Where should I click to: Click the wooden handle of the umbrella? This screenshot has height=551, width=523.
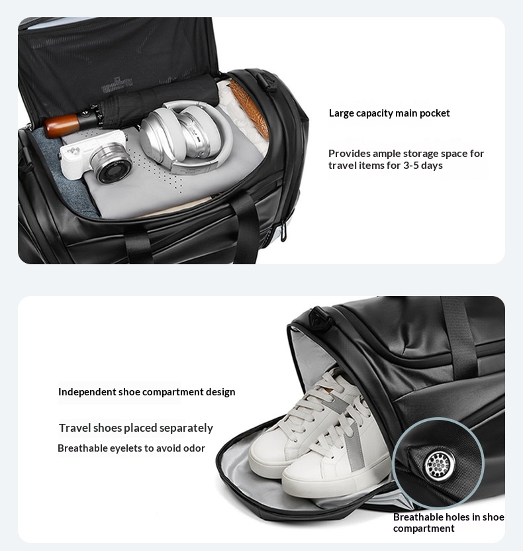coord(62,125)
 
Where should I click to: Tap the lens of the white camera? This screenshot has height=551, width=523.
coord(111,166)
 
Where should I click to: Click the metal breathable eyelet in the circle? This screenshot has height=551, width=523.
coord(439,466)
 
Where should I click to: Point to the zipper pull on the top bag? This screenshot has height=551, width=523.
coord(283,232)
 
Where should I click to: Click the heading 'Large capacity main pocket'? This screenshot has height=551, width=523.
coord(389,113)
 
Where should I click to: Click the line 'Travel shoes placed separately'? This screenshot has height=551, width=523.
coord(136,428)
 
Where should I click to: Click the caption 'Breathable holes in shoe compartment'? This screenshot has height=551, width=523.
coord(449,523)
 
